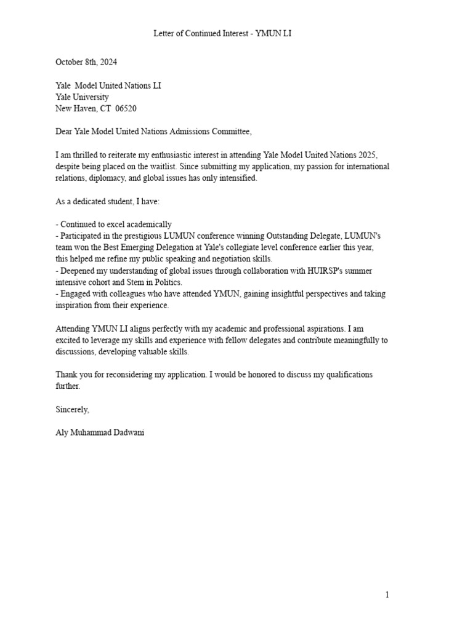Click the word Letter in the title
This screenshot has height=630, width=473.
point(164,34)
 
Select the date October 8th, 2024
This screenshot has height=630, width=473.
point(86,62)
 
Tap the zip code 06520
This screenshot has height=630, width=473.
point(126,108)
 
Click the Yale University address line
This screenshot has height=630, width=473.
point(82,97)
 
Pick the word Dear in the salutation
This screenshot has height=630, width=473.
point(64,132)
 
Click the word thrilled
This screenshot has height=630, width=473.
point(87,155)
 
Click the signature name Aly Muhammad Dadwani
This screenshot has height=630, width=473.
point(100,433)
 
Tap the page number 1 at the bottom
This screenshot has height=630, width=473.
point(387,594)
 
